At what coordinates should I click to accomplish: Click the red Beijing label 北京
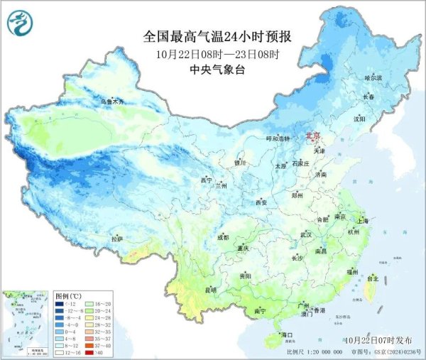pyautogui.click(x=313, y=135)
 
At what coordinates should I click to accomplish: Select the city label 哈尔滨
pyautogui.click(x=373, y=77)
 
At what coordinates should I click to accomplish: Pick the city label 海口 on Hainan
pyautogui.click(x=287, y=334)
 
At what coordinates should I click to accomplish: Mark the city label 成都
pyautogui.click(x=223, y=237)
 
